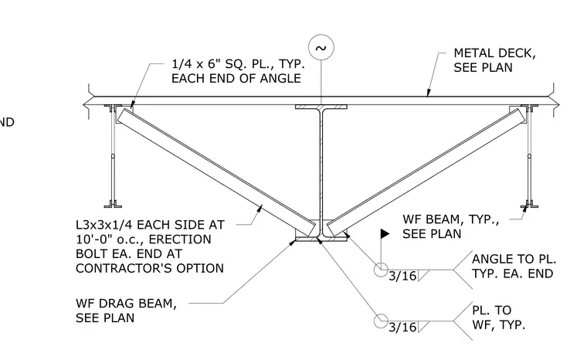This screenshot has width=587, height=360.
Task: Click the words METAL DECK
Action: tap(494, 53)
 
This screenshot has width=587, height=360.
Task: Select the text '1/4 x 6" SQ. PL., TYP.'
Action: tap(238, 63)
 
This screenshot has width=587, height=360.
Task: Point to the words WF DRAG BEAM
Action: tap(126, 303)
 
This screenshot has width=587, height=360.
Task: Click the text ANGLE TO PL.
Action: tap(514, 259)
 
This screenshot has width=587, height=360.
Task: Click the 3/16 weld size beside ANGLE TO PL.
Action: tap(402, 276)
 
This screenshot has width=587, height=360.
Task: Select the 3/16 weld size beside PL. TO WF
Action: tap(402, 328)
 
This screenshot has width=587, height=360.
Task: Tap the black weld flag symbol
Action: tap(385, 234)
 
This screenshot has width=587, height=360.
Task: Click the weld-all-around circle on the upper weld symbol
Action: tap(381, 270)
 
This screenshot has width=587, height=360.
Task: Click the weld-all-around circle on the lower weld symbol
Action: tap(381, 321)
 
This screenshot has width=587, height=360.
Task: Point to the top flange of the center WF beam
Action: tap(321, 107)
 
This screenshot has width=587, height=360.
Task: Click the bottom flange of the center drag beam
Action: tap(321, 239)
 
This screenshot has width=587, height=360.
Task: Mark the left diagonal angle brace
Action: tap(216, 173)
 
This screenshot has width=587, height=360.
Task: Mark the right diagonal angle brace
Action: tap(426, 173)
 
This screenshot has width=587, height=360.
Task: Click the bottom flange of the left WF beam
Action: tap(113, 205)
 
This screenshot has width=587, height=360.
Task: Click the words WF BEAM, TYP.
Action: tap(451, 219)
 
